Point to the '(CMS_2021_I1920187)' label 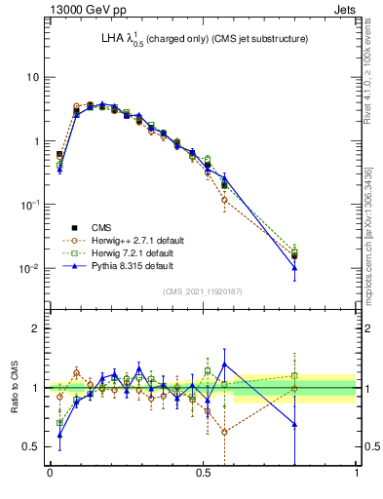204,290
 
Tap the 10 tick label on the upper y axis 31,77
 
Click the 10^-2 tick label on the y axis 28,268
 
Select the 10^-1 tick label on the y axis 28,204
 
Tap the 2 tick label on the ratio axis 36,328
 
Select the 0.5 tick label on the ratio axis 31,446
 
